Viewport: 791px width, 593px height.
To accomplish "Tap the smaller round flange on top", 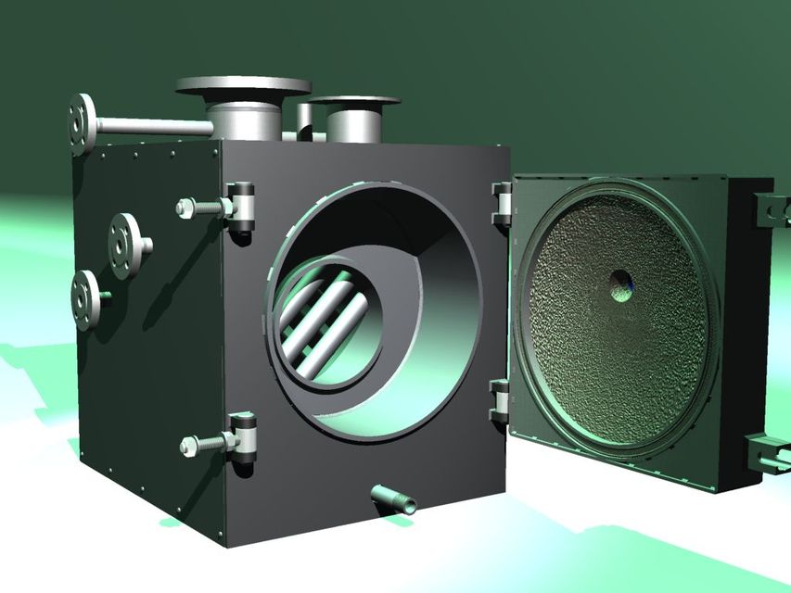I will (x=353, y=100).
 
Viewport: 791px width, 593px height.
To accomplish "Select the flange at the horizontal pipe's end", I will (x=82, y=123).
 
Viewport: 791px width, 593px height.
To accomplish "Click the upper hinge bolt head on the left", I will (x=185, y=208).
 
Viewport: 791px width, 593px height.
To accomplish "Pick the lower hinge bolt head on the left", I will (x=189, y=445).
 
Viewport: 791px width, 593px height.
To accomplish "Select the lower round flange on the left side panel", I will (x=86, y=299).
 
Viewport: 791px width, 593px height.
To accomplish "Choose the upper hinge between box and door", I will (x=502, y=205).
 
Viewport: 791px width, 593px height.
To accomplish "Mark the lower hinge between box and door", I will (x=499, y=401).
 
